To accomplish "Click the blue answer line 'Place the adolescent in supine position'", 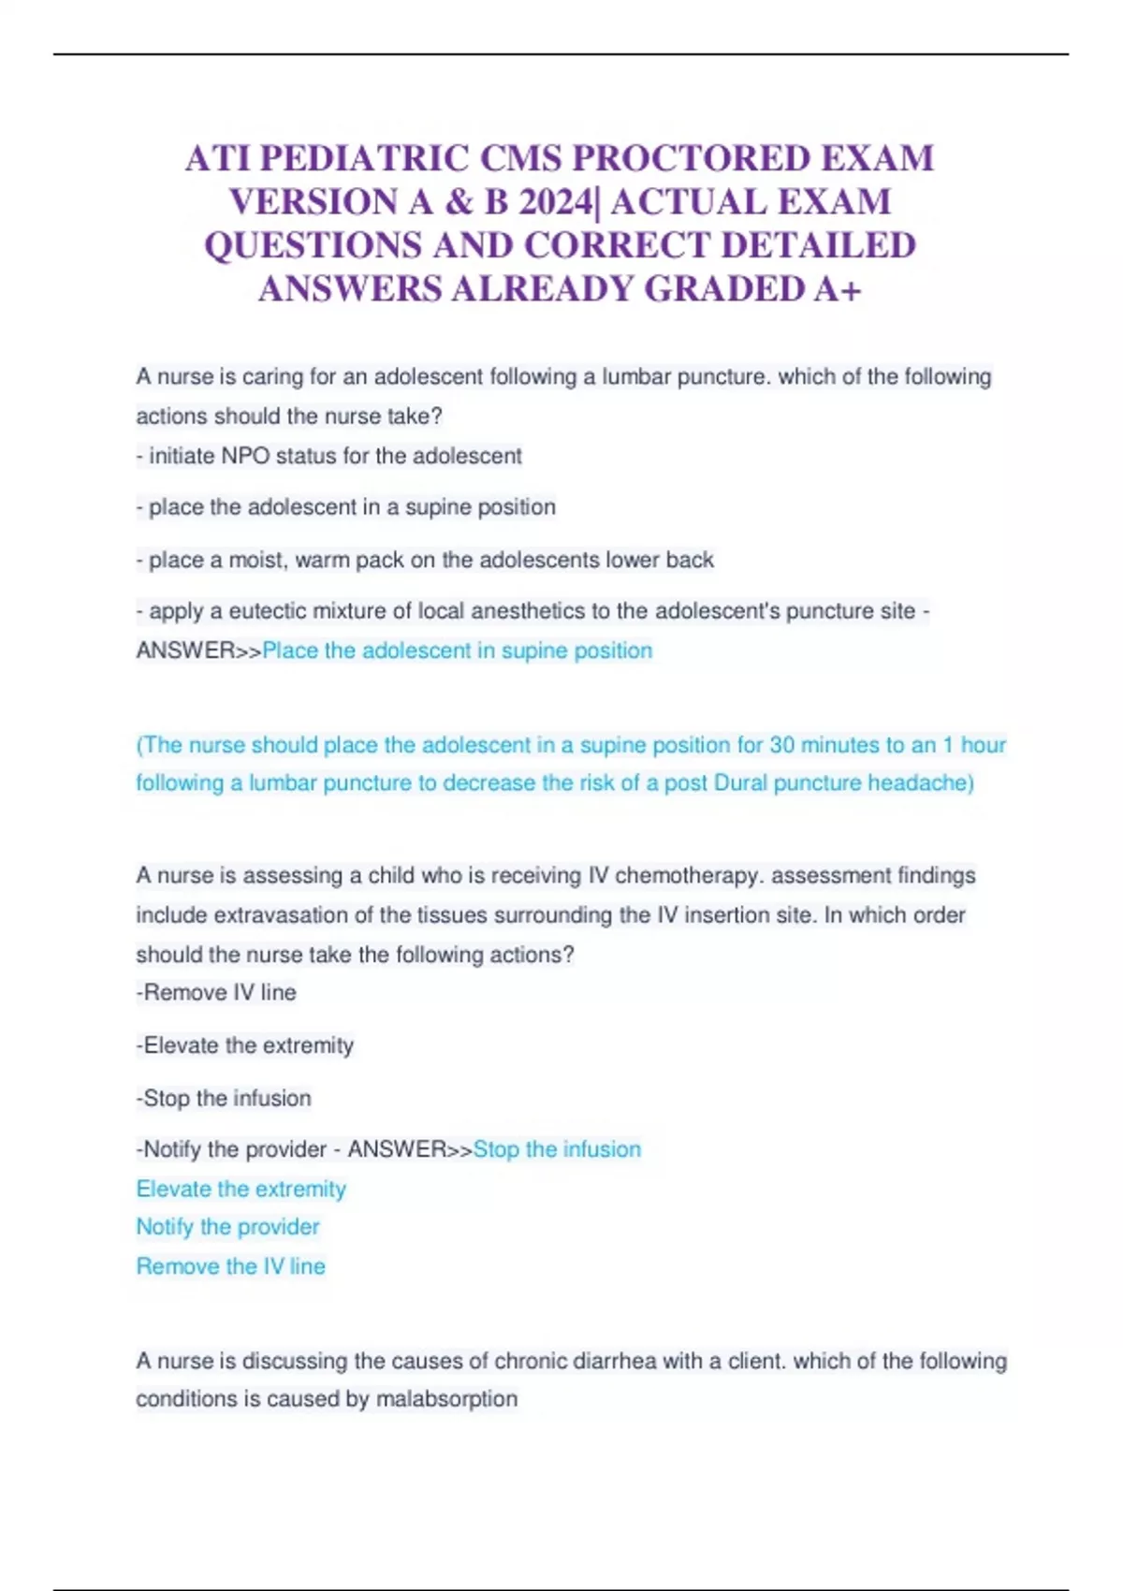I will (x=458, y=650).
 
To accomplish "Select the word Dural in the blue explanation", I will (x=740, y=782).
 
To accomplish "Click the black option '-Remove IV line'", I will (x=216, y=992).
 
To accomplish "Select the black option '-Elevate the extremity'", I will (x=245, y=1045).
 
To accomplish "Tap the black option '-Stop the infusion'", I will (x=224, y=1098).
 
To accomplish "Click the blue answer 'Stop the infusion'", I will (x=557, y=1149).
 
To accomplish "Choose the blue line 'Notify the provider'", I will (x=227, y=1227).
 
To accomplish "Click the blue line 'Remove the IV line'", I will (x=230, y=1266).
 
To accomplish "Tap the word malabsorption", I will (x=446, y=1399).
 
